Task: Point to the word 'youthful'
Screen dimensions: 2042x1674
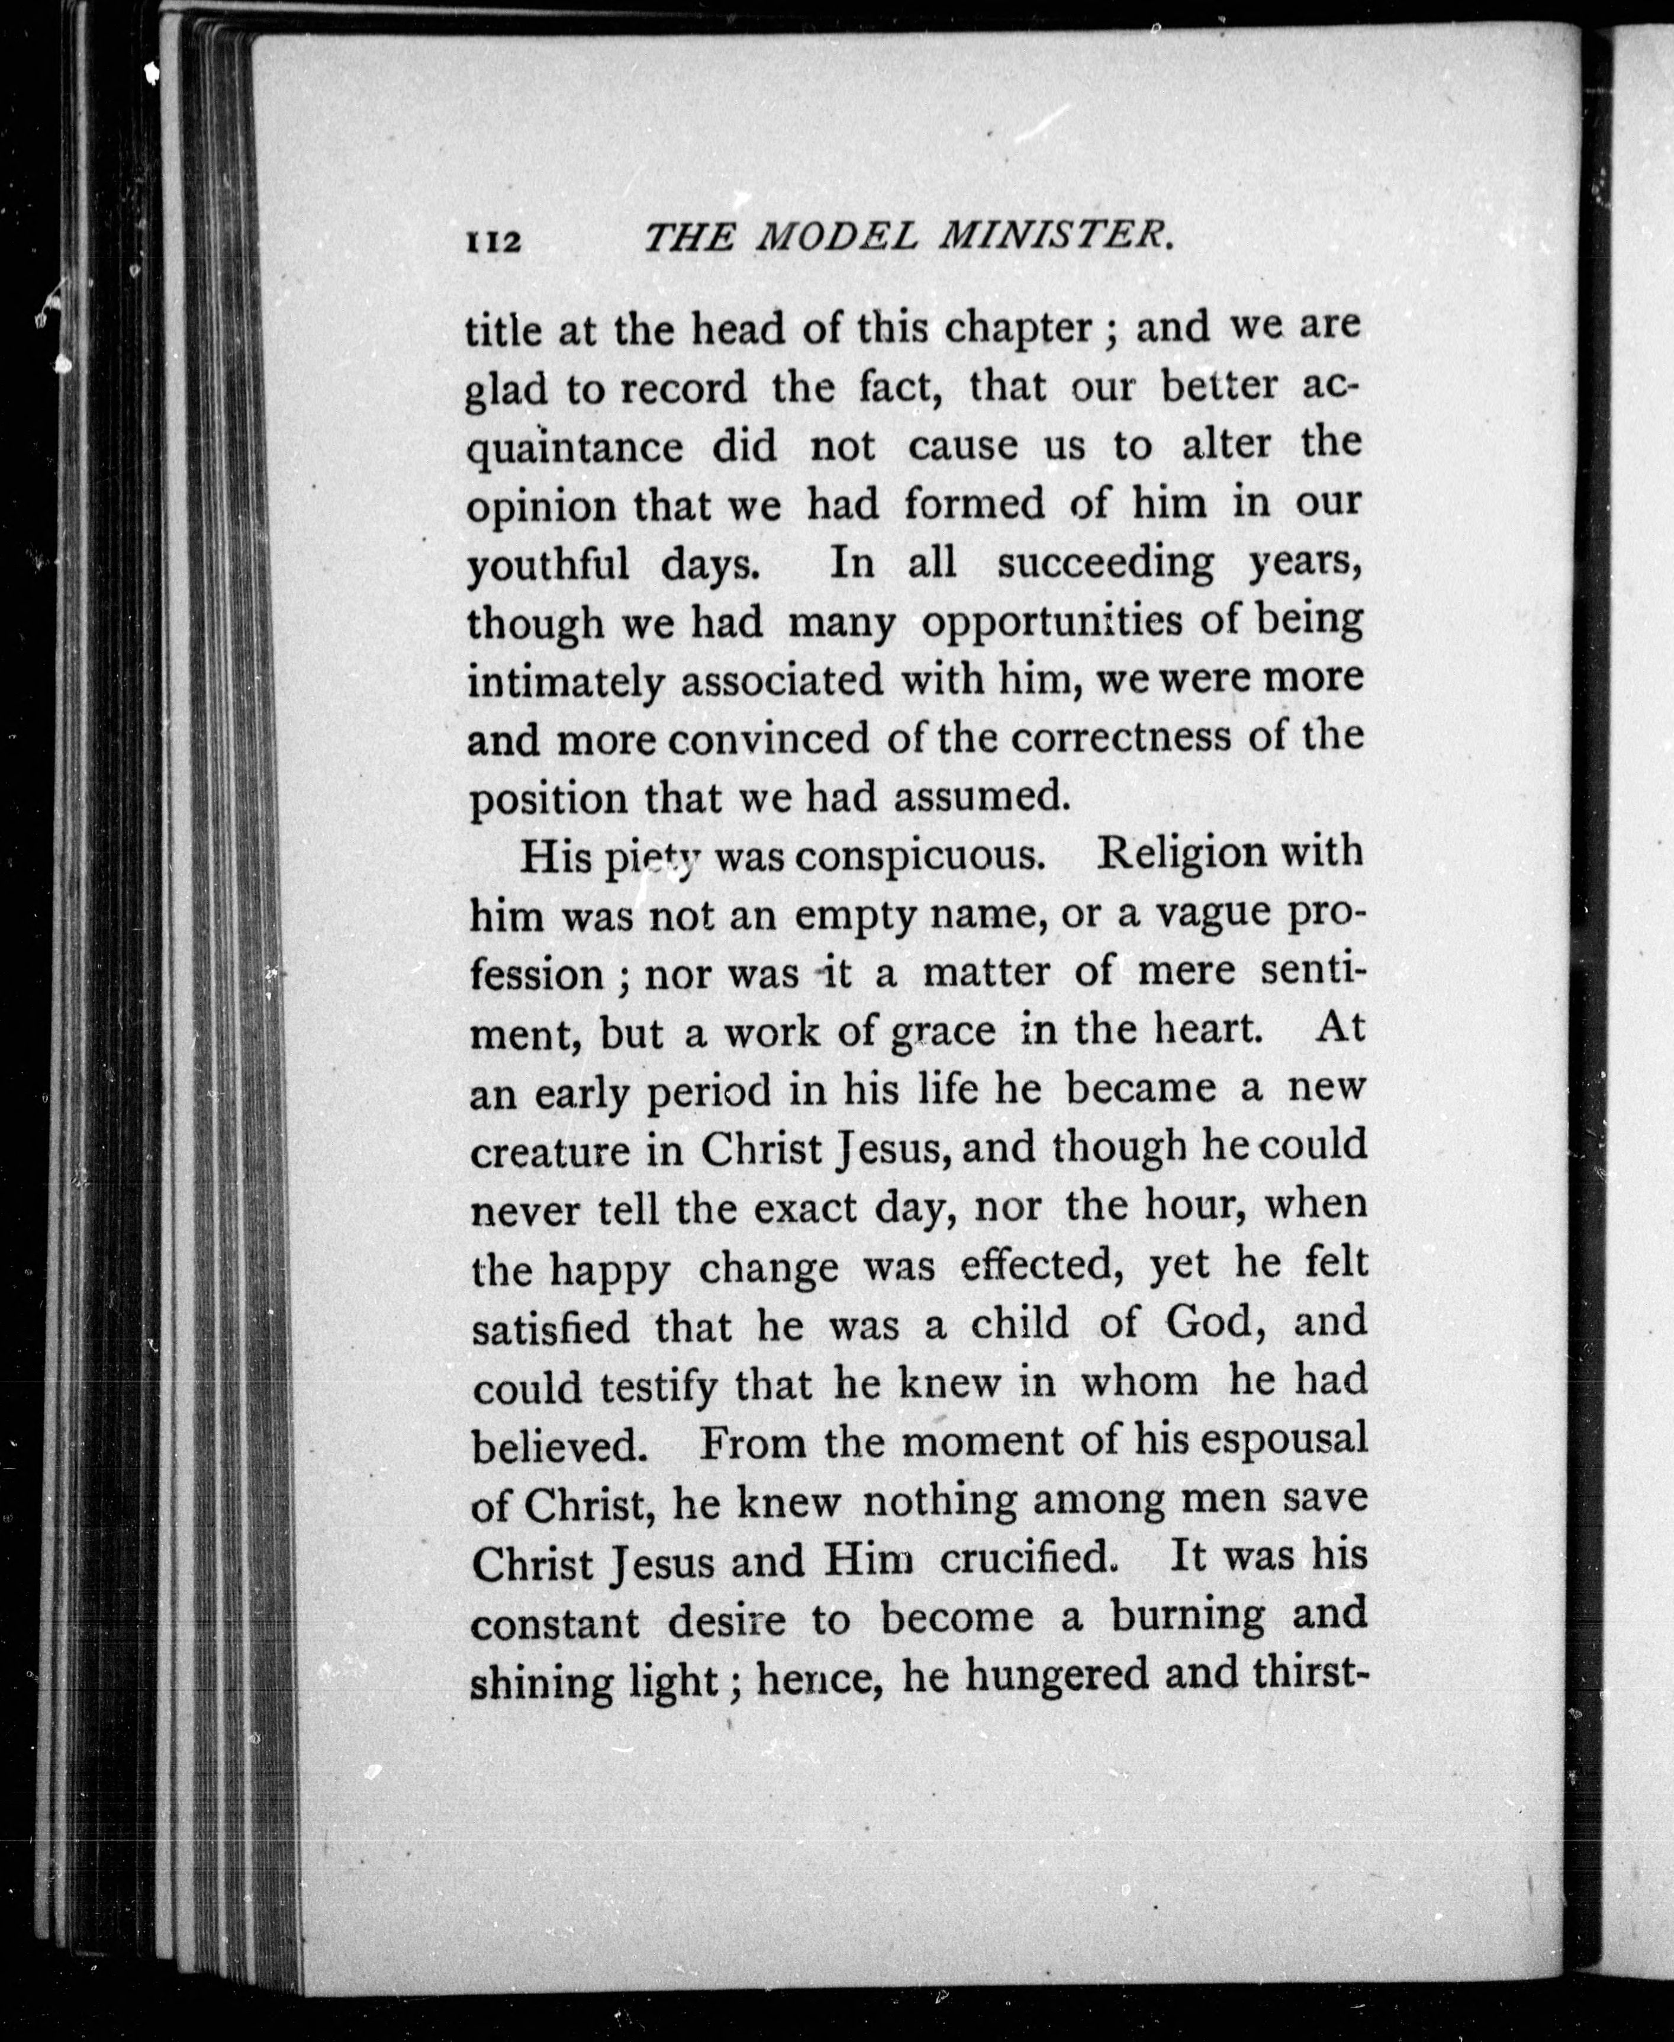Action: (547, 565)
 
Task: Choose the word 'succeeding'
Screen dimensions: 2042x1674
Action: (1106, 563)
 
